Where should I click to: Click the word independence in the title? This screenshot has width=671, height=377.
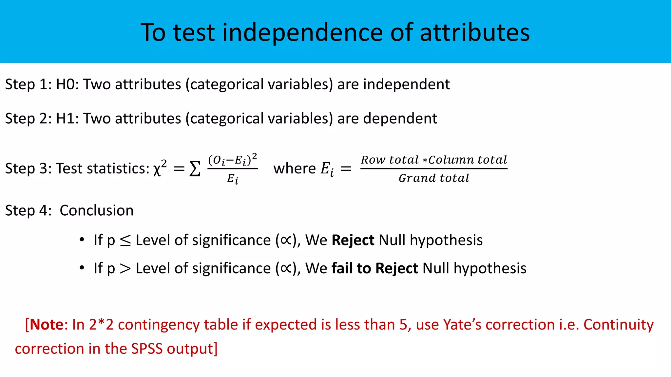tap(302, 32)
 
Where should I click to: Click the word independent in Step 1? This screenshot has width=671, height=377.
tap(406, 84)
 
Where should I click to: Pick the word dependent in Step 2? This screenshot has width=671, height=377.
tap(400, 118)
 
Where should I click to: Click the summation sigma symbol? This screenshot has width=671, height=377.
tap(195, 169)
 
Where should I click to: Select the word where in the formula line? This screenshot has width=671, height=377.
tap(294, 169)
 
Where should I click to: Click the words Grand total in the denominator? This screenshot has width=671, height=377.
tap(434, 178)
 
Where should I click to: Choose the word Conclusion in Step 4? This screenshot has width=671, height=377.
tap(97, 210)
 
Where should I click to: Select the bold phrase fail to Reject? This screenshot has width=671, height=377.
tap(374, 268)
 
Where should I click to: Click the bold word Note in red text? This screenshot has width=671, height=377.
tap(46, 325)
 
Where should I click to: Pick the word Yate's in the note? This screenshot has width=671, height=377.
tap(462, 325)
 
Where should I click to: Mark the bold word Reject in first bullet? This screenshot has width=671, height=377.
tap(353, 240)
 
